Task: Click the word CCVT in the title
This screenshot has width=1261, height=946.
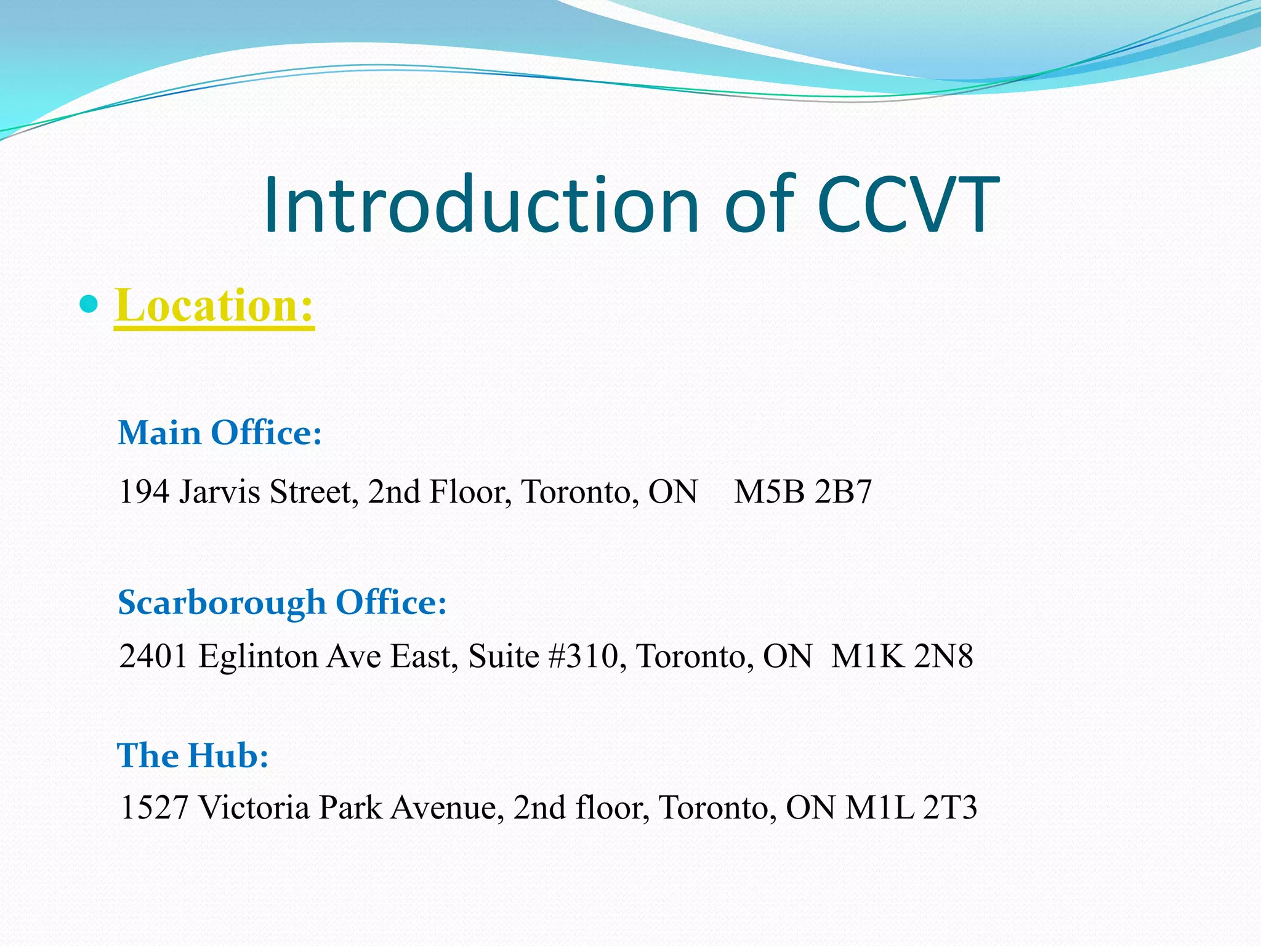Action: pos(909,204)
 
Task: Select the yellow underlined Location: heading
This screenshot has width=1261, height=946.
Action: pos(214,306)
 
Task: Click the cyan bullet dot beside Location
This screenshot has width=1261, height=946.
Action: pos(89,304)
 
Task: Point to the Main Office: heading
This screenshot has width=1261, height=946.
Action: pos(220,432)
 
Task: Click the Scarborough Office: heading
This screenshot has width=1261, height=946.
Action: pos(282,602)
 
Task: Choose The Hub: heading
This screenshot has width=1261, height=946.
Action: pos(193,755)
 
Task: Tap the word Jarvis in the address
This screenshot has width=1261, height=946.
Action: pos(219,492)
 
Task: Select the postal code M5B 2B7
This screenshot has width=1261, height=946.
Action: pos(803,492)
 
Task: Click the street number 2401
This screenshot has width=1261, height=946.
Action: pos(154,656)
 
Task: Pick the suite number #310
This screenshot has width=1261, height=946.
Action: pos(582,656)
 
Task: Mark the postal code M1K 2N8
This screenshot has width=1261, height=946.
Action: pos(902,656)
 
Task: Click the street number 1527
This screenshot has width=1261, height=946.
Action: pos(154,807)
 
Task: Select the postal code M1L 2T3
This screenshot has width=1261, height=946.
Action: pos(911,807)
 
